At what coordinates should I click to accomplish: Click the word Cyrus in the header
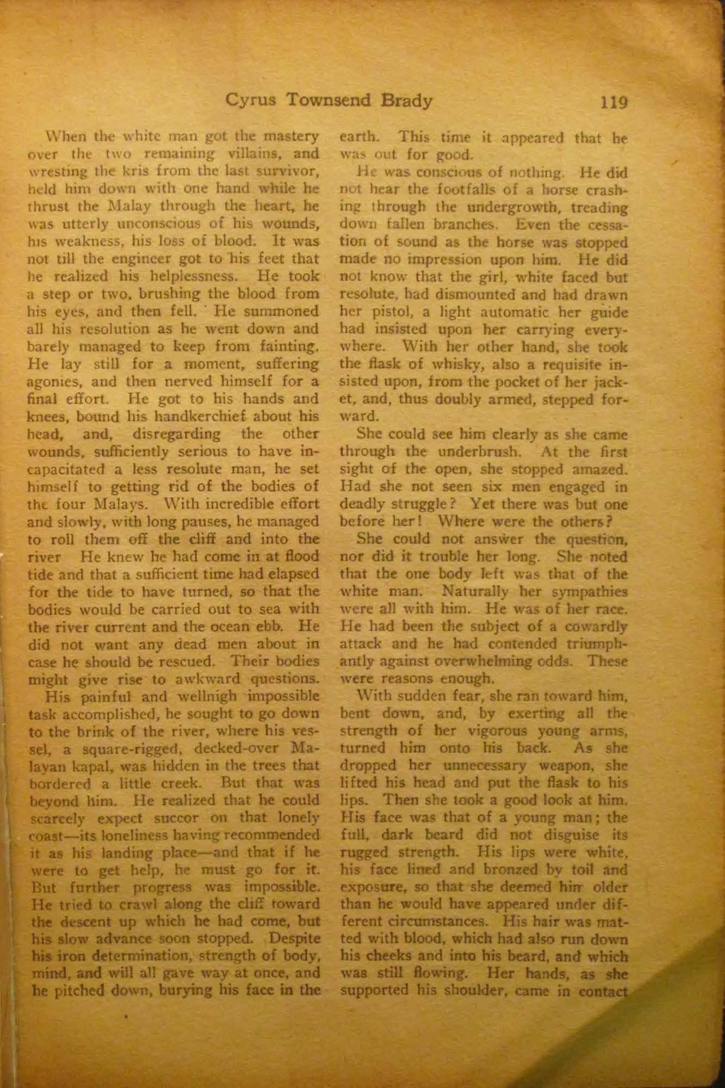click(x=251, y=101)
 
